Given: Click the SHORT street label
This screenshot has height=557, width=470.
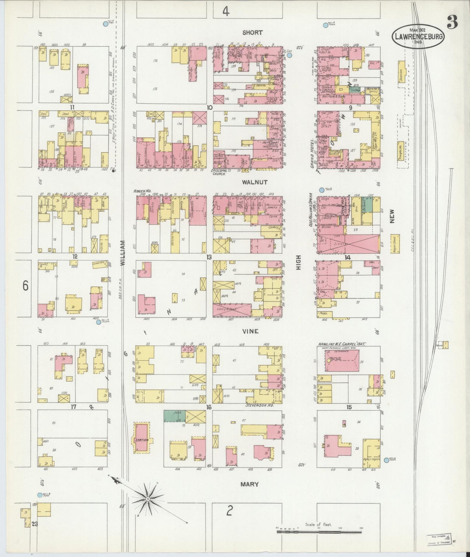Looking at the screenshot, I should [252, 33].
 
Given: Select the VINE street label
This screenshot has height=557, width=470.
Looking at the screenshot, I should [250, 331].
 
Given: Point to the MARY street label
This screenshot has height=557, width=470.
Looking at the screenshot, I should [249, 484].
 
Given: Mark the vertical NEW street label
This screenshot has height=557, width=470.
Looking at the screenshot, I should [392, 216].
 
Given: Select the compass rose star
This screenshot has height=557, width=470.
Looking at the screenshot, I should [148, 499].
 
